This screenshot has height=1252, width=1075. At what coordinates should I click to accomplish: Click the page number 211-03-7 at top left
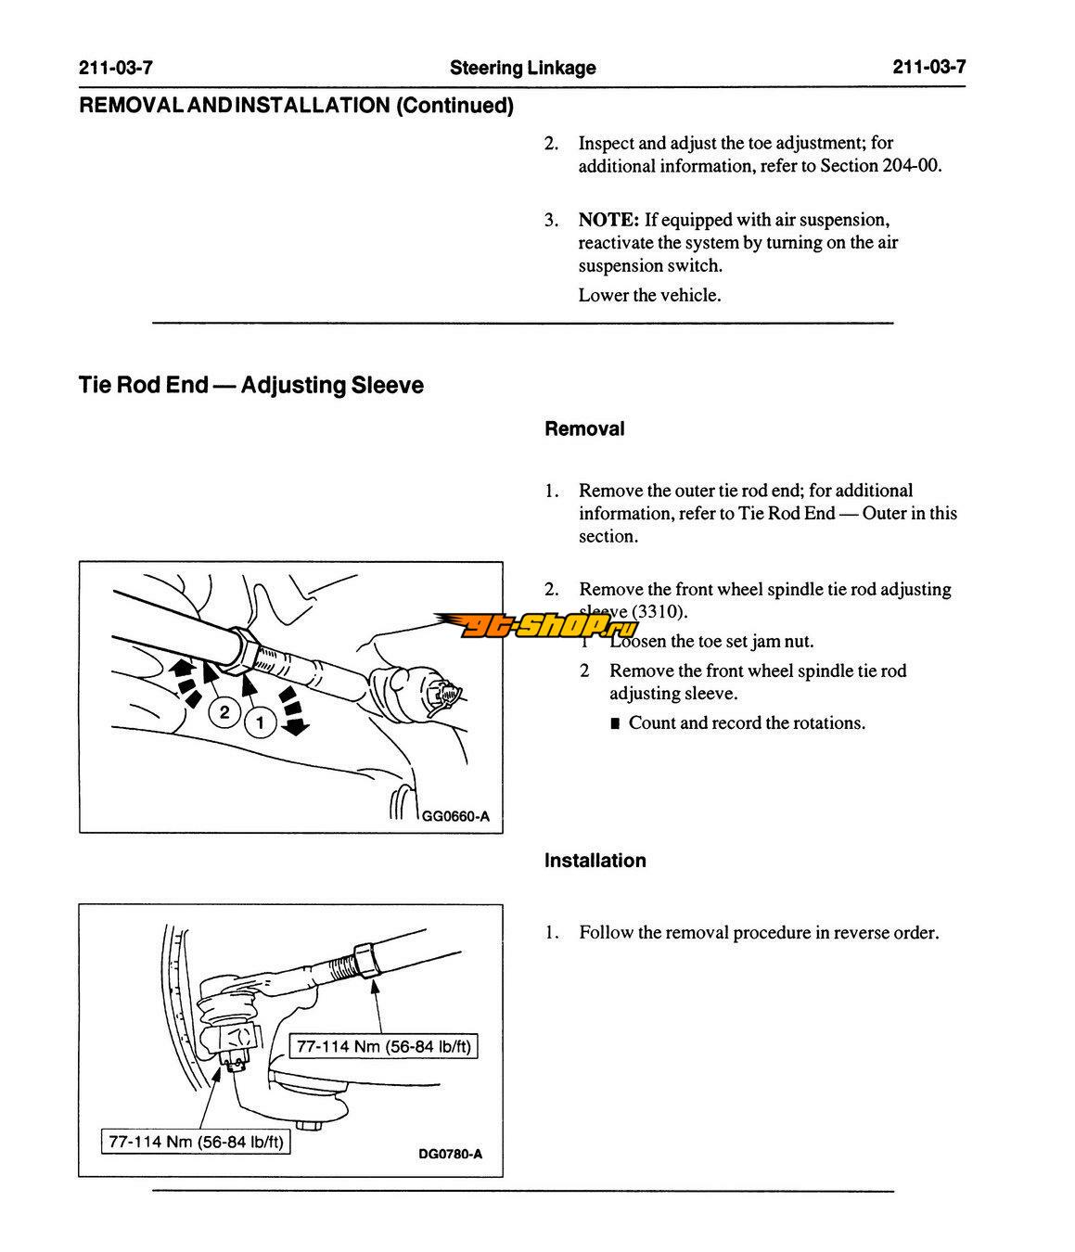click(115, 67)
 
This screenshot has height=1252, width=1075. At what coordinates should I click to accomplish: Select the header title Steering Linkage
click(522, 68)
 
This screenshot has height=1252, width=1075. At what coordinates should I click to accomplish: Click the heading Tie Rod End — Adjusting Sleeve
click(250, 385)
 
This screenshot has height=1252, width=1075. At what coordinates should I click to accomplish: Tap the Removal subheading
click(584, 428)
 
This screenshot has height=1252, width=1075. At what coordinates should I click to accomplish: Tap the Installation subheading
click(595, 861)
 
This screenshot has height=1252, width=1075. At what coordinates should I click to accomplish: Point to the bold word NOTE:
click(608, 220)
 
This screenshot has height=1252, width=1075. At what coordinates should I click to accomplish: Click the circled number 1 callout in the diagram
click(261, 722)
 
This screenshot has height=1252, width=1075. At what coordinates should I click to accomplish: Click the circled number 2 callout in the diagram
click(224, 712)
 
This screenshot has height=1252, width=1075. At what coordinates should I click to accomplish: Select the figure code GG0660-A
click(455, 817)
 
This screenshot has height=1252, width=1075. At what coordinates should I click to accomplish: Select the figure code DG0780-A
click(450, 1155)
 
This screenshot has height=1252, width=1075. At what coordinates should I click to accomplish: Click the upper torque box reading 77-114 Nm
click(384, 1047)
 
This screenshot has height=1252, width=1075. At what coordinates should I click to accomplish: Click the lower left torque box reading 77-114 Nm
click(195, 1142)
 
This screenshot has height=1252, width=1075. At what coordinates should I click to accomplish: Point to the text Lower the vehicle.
click(649, 296)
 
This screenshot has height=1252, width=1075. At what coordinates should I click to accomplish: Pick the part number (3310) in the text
click(660, 612)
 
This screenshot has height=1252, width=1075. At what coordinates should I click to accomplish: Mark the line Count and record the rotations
click(747, 723)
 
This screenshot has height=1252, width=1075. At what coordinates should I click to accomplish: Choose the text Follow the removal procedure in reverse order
click(759, 933)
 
